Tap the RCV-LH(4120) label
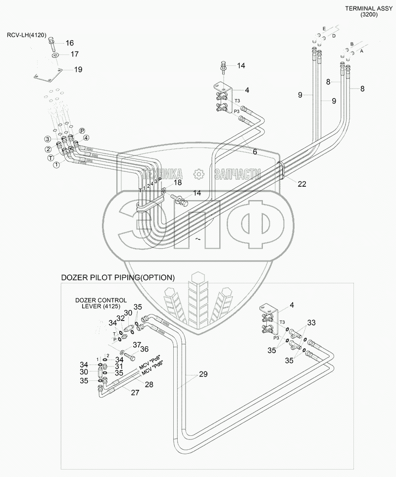pyautogui.click(x=26, y=35)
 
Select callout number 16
pyautogui.click(x=70, y=43)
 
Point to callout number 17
pyautogui.click(x=74, y=54)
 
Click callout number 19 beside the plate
pyautogui.click(x=78, y=70)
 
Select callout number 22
pyautogui.click(x=302, y=183)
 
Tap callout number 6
pyautogui.click(x=255, y=152)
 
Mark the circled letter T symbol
pyautogui.click(x=50, y=157)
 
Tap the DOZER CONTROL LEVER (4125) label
pyautogui.click(x=101, y=304)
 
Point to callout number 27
pyautogui.click(x=135, y=392)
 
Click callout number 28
pyautogui.click(x=148, y=384)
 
